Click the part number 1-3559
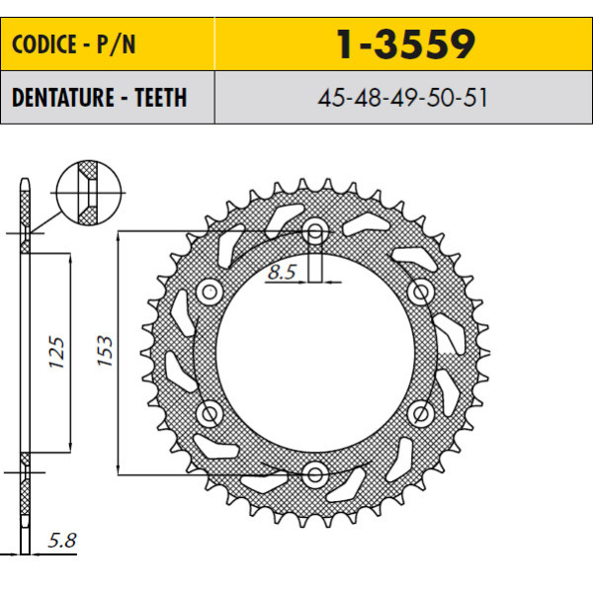[x=405, y=44]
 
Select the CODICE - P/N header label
[x=74, y=44]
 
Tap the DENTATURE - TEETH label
[x=100, y=98]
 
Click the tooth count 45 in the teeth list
[x=331, y=98]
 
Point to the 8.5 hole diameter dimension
[x=282, y=272]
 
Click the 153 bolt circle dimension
[x=105, y=351]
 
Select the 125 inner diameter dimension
[x=56, y=352]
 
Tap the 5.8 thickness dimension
[x=62, y=541]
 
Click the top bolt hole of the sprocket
[x=314, y=230]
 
